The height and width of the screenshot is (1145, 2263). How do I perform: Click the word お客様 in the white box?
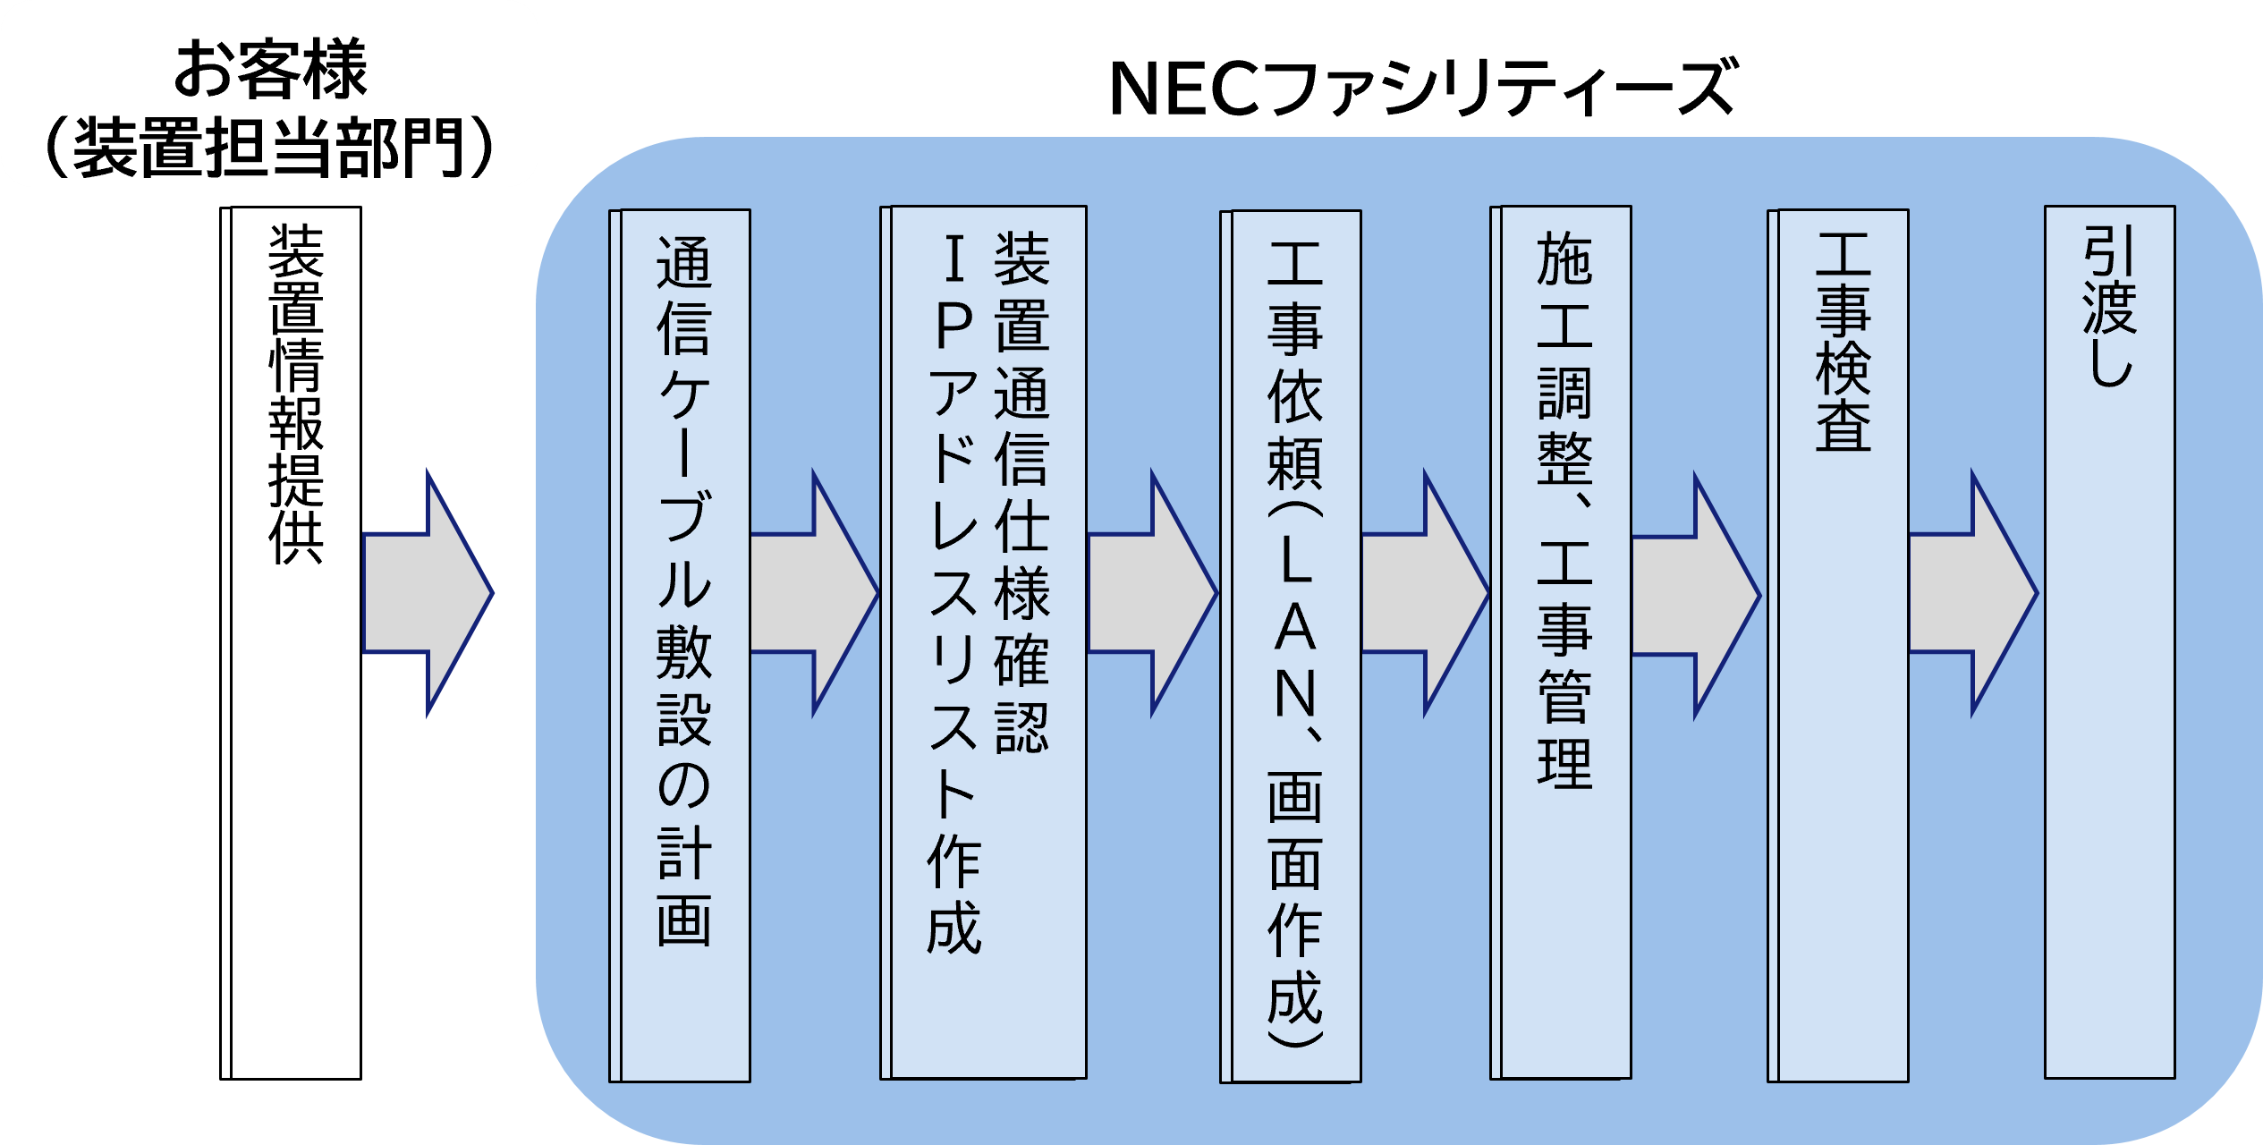coord(269,68)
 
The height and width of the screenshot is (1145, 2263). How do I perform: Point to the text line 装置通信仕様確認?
coord(1021,492)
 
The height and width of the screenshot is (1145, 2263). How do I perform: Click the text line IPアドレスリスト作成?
coord(954,590)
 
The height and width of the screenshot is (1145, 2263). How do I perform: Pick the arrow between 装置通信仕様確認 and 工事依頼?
coord(1152,593)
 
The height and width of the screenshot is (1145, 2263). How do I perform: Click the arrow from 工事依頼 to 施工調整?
coord(1424,593)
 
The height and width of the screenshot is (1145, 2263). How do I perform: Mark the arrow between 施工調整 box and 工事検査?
coord(1695,596)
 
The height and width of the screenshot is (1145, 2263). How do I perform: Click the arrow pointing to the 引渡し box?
coord(1972,593)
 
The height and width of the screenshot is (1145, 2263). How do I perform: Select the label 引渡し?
coord(2110,304)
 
